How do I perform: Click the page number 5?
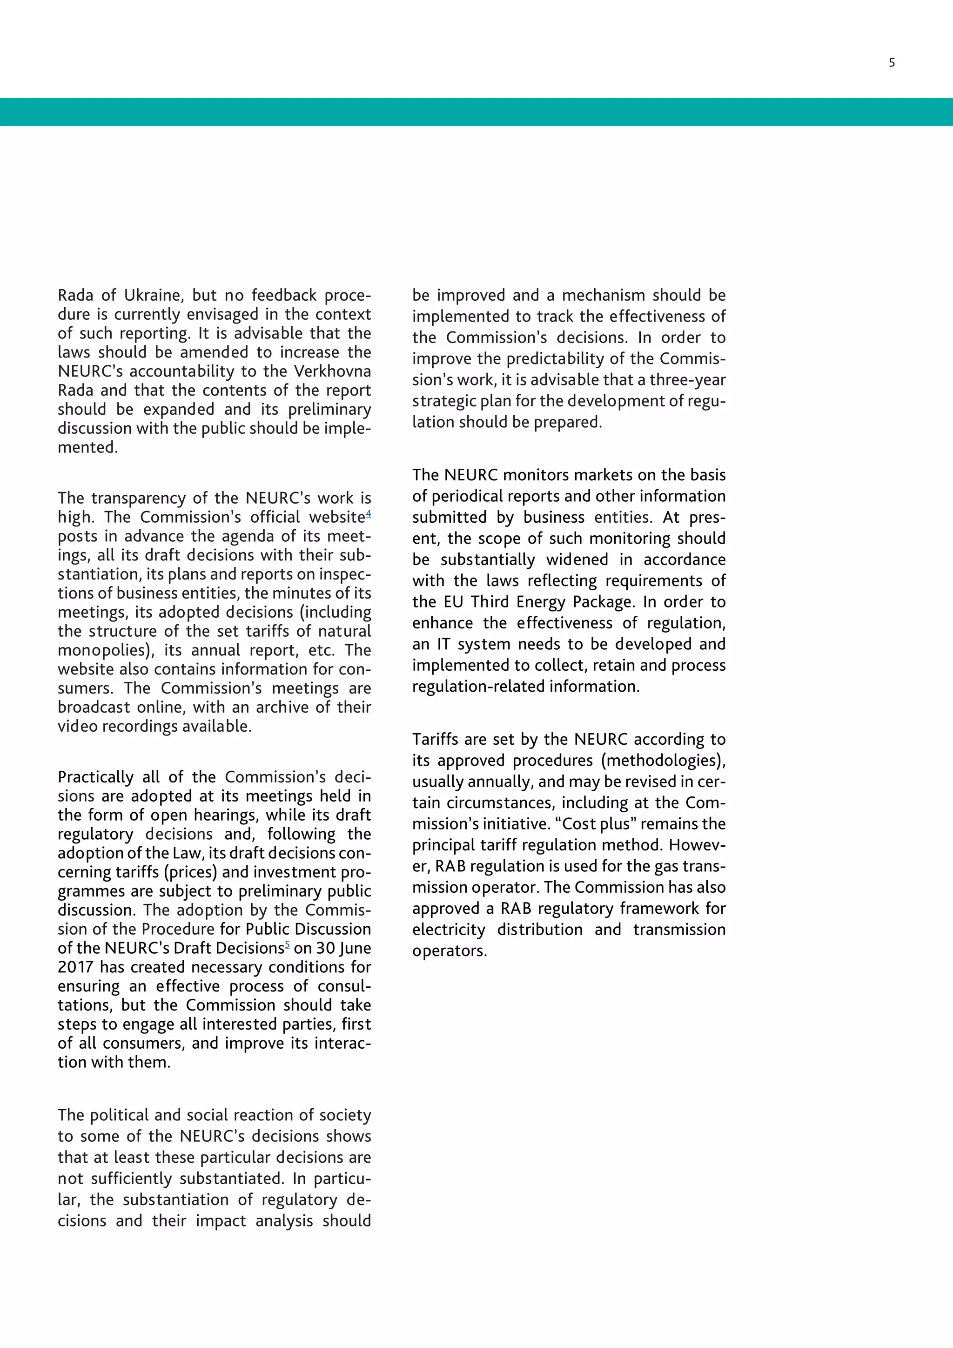(x=892, y=63)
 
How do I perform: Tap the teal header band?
(x=476, y=112)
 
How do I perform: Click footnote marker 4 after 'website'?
(x=369, y=514)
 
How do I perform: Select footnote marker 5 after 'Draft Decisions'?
(x=288, y=944)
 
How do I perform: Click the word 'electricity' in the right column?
(x=448, y=930)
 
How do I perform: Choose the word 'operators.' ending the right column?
(x=450, y=950)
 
